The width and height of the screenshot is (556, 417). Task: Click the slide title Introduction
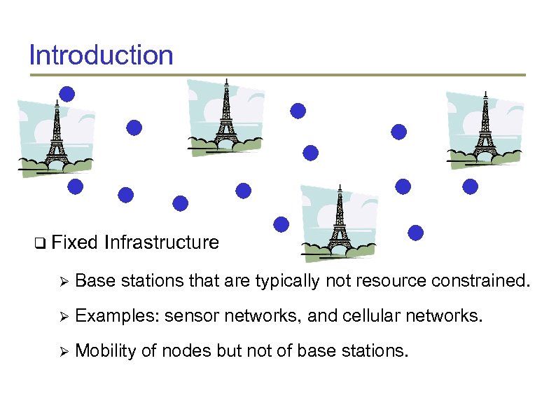101,55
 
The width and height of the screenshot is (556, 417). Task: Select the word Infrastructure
161,243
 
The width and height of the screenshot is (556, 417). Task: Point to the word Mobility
105,350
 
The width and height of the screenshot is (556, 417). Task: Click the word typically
287,281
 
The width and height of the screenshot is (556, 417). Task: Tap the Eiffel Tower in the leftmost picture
55,137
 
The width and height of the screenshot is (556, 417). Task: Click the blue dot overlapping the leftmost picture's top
67,94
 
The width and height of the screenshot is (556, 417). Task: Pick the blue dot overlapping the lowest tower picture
282,224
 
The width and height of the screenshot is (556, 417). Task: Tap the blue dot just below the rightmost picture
471,186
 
